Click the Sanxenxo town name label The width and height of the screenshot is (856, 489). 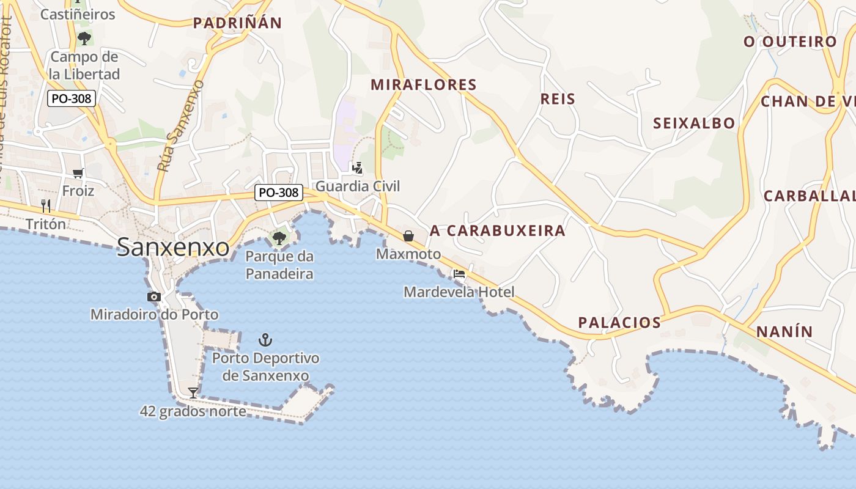[x=173, y=247]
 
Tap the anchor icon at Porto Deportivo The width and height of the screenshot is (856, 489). [x=265, y=340]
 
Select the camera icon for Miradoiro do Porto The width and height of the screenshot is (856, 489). [x=154, y=297]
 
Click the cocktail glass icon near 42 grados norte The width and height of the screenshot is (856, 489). [x=193, y=392]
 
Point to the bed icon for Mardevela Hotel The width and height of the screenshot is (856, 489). [x=459, y=274]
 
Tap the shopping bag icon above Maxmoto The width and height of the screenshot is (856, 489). [x=408, y=236]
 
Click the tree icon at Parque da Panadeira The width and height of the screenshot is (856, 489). [x=279, y=238]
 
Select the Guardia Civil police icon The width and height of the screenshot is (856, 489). [x=358, y=167]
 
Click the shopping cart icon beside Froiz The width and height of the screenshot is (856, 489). [x=78, y=173]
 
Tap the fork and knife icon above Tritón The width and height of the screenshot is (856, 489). [x=46, y=205]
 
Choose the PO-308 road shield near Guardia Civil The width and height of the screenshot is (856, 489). [x=279, y=193]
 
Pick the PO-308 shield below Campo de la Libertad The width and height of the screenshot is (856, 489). [x=72, y=98]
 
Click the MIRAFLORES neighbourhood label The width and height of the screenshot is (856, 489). [x=424, y=84]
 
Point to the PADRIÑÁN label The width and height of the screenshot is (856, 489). [x=237, y=23]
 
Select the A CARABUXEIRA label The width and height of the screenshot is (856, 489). [x=498, y=230]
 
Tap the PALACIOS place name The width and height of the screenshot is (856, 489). [x=620, y=322]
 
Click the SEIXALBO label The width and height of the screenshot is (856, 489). [x=694, y=123]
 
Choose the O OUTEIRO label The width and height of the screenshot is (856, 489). [x=790, y=42]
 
